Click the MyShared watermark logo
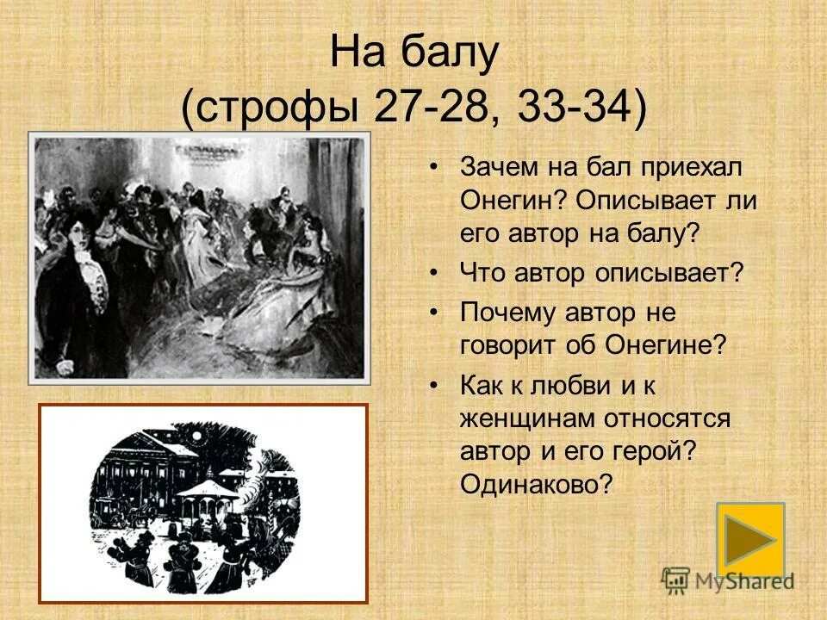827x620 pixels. (x=728, y=580)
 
